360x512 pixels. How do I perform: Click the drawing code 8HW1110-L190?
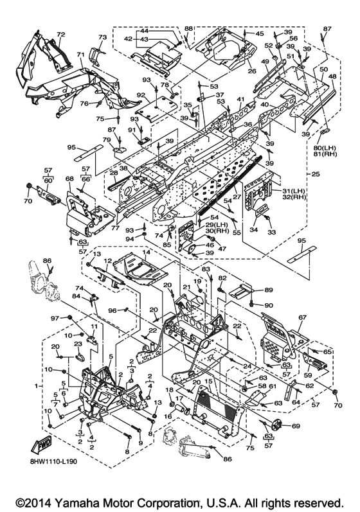(x=54, y=463)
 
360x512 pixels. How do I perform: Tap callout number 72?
(x=61, y=35)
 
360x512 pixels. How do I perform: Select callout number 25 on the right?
(x=316, y=173)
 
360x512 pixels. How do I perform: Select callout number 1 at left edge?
(x=37, y=386)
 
